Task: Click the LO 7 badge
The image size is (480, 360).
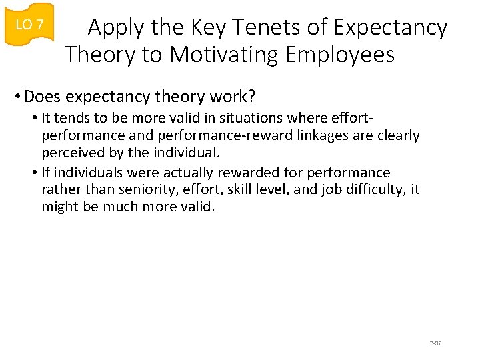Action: tap(29, 25)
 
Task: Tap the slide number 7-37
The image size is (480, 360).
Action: tap(436, 343)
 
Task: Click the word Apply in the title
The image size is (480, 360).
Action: tap(114, 27)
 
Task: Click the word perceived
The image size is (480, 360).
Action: tap(69, 153)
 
